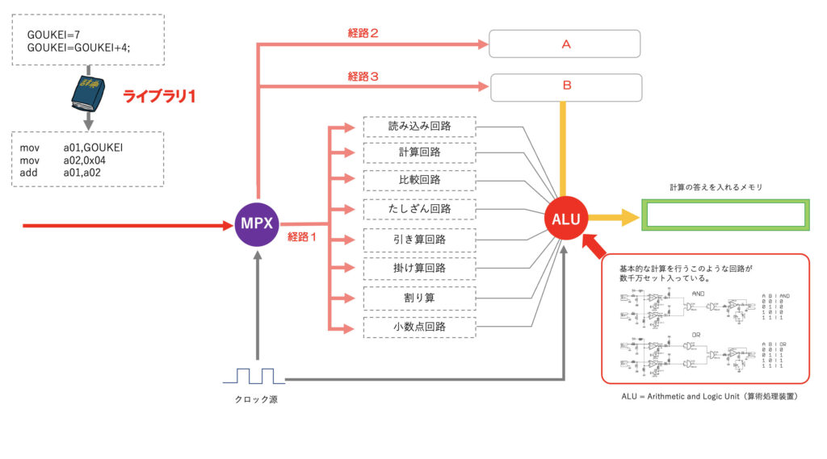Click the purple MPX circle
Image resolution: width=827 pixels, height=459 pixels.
point(256,222)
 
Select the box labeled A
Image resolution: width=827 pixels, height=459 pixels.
point(565,44)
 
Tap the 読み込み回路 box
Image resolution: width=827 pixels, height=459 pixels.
point(419,127)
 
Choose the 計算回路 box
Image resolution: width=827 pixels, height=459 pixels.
point(419,152)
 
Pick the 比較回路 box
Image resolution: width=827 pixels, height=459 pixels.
point(419,179)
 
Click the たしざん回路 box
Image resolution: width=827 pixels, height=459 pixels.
point(419,209)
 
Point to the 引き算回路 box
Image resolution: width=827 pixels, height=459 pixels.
point(419,240)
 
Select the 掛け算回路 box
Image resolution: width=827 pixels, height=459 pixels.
point(419,267)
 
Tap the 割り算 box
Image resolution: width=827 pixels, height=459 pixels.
point(419,298)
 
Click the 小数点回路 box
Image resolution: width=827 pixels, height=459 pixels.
point(419,328)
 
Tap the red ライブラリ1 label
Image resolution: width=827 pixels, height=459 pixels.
point(159,96)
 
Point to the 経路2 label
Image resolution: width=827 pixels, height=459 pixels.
point(363,34)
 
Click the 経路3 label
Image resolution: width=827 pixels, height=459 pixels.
point(363,77)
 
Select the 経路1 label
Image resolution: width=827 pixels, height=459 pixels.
point(304,236)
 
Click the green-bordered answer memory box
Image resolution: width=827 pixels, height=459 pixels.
point(725,215)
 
